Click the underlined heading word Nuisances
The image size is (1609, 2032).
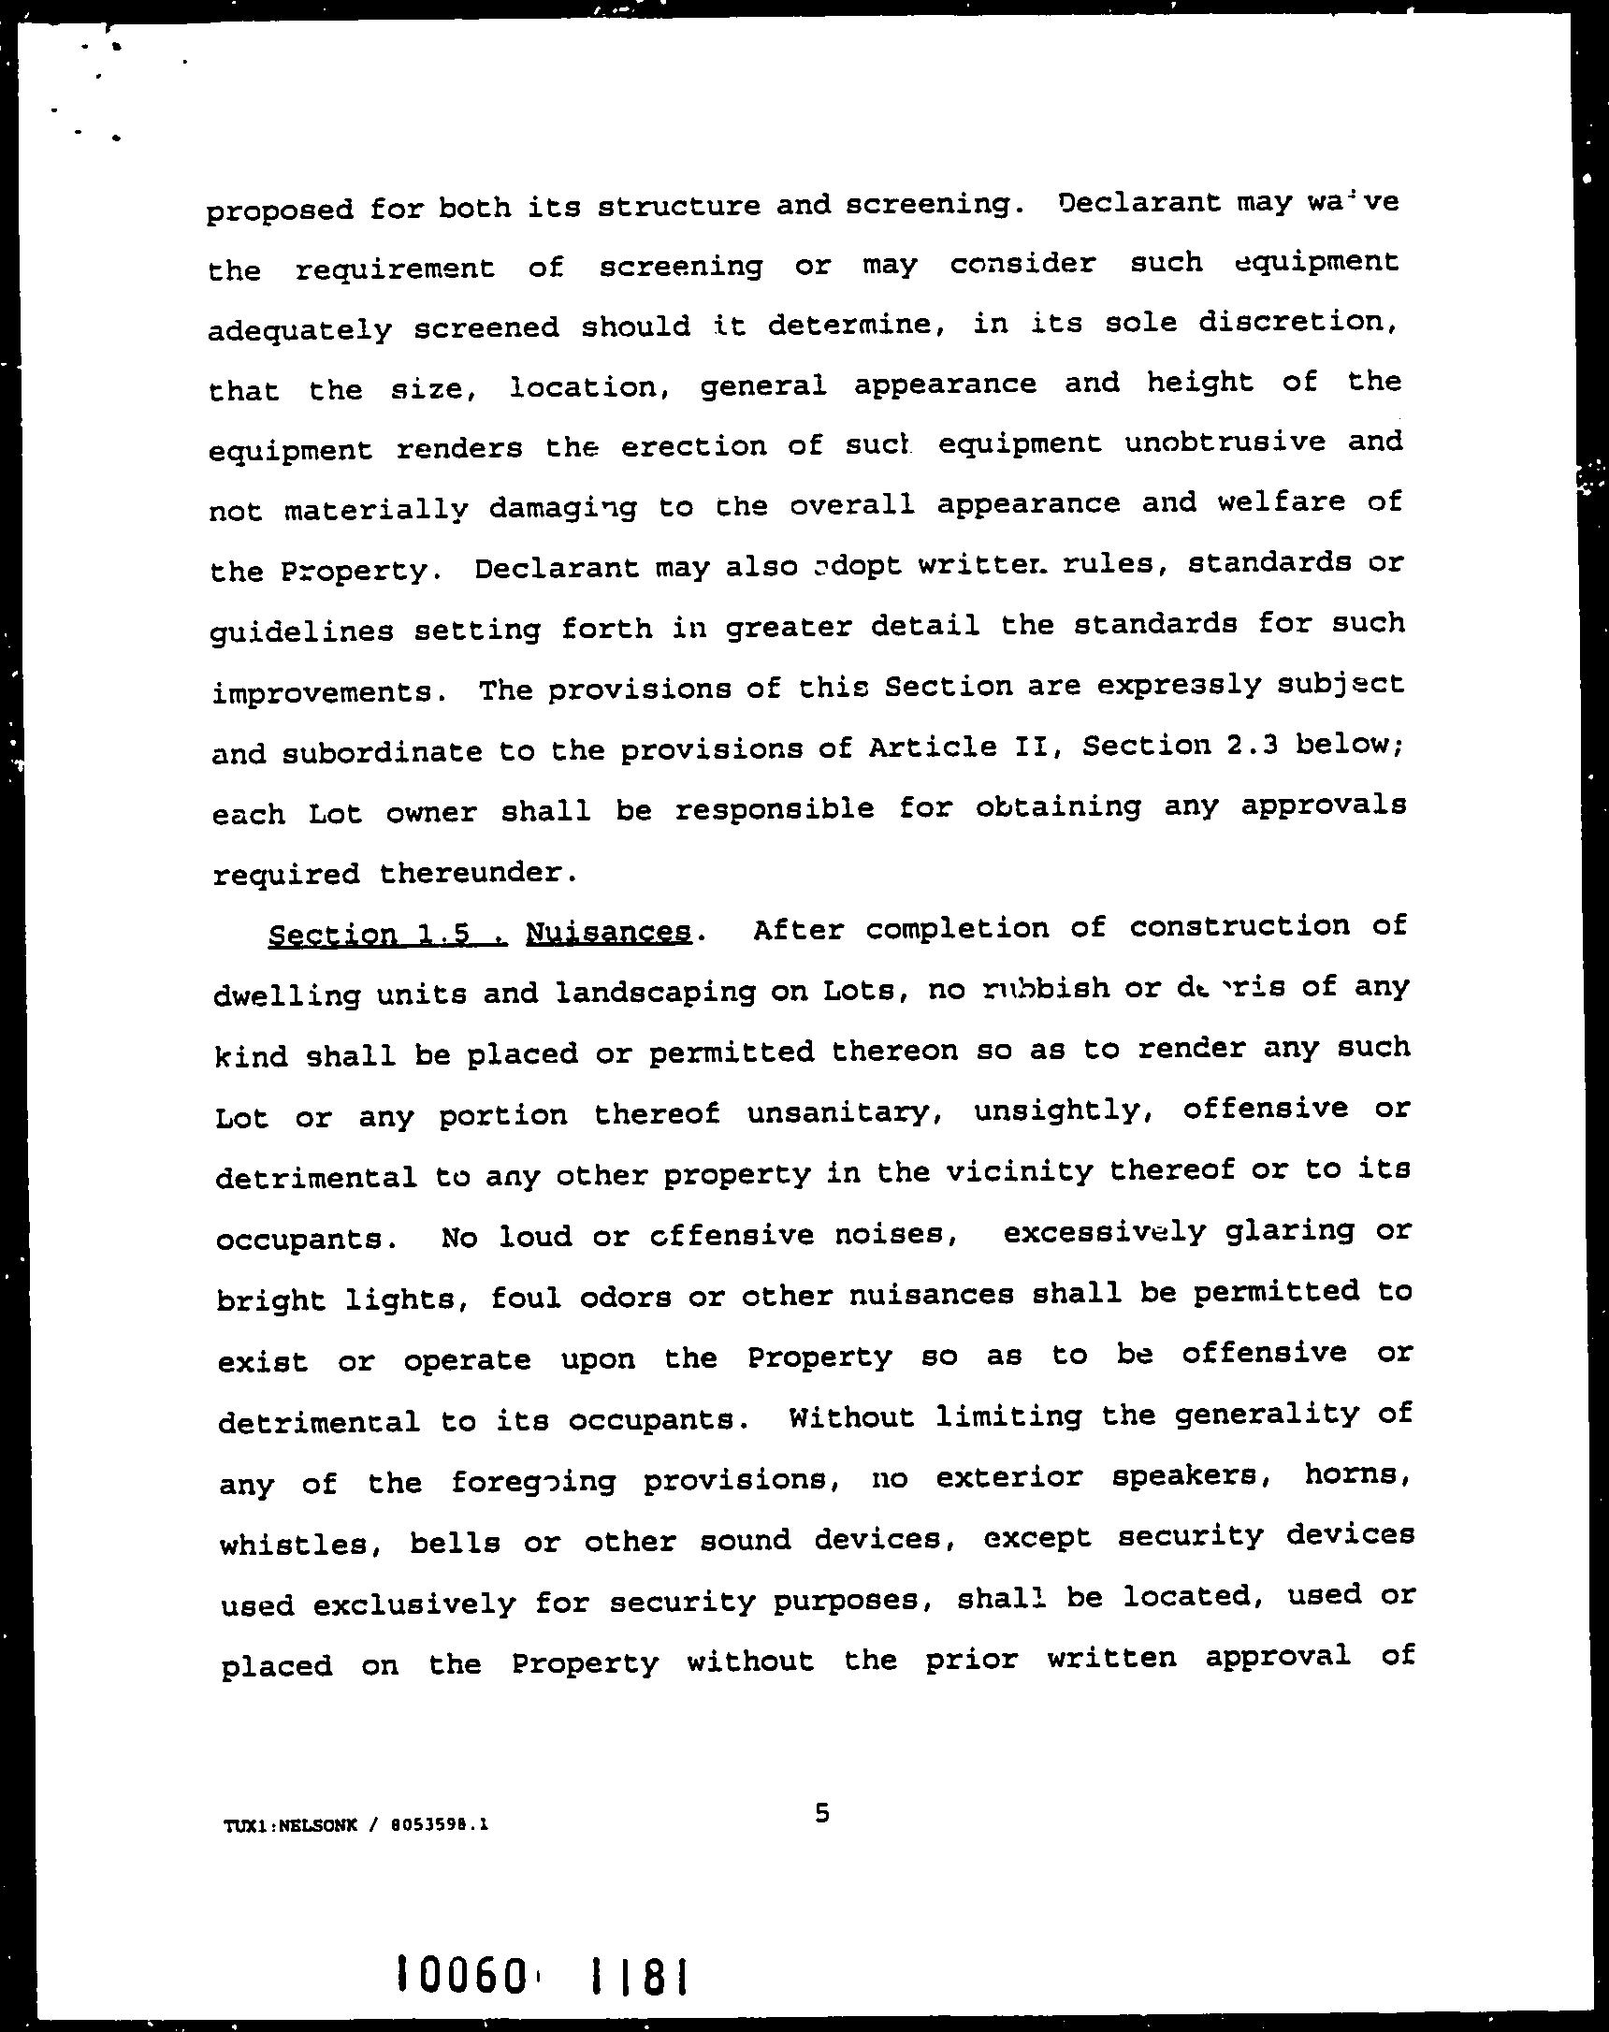tap(608, 932)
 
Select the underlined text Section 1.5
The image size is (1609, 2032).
tap(387, 935)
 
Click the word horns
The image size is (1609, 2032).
tap(1356, 1476)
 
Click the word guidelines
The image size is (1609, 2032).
tap(301, 630)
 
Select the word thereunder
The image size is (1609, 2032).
tap(477, 873)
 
